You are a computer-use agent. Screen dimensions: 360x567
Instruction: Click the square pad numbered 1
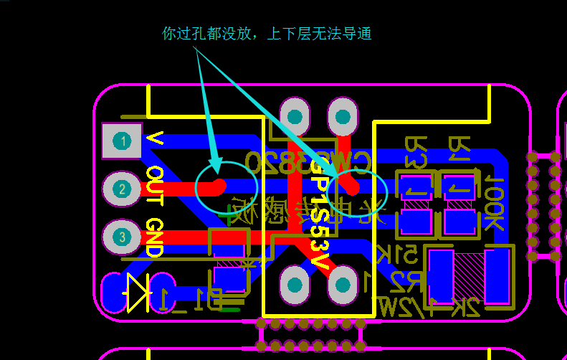123,141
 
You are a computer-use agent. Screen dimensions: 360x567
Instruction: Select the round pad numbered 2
122,189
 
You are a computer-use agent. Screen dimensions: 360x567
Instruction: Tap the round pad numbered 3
122,237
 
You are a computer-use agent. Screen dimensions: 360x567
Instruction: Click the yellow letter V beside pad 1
153,138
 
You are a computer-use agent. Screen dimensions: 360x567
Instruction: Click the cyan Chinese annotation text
267,34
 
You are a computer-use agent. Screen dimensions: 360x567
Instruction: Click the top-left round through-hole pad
295,115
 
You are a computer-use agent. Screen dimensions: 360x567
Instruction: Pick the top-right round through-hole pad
342,115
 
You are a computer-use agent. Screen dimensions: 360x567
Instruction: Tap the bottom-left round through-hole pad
295,285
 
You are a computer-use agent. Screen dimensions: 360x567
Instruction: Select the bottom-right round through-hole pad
342,285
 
